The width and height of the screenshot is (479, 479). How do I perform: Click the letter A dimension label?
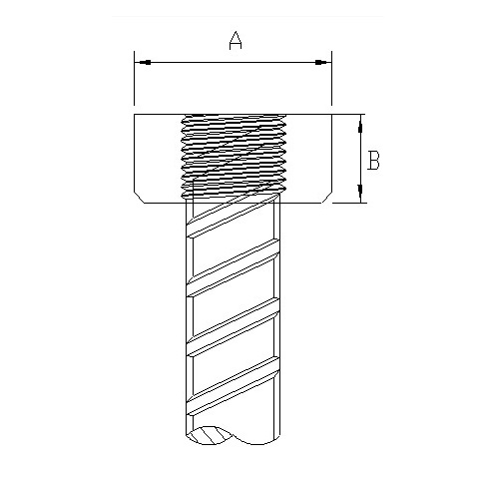pyautogui.click(x=236, y=41)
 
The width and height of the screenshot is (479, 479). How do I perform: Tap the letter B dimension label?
pyautogui.click(x=373, y=160)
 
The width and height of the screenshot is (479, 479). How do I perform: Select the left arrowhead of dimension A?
pyautogui.click(x=145, y=62)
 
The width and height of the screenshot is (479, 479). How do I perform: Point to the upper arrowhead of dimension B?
pyautogui.click(x=360, y=127)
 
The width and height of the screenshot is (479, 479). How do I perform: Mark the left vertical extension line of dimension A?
pyautogui.click(x=134, y=78)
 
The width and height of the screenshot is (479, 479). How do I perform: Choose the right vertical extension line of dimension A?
pyautogui.click(x=331, y=78)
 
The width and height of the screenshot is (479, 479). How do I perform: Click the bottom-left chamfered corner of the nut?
pyautogui.click(x=139, y=198)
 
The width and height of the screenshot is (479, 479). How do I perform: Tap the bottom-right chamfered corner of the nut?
pyautogui.click(x=327, y=198)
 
